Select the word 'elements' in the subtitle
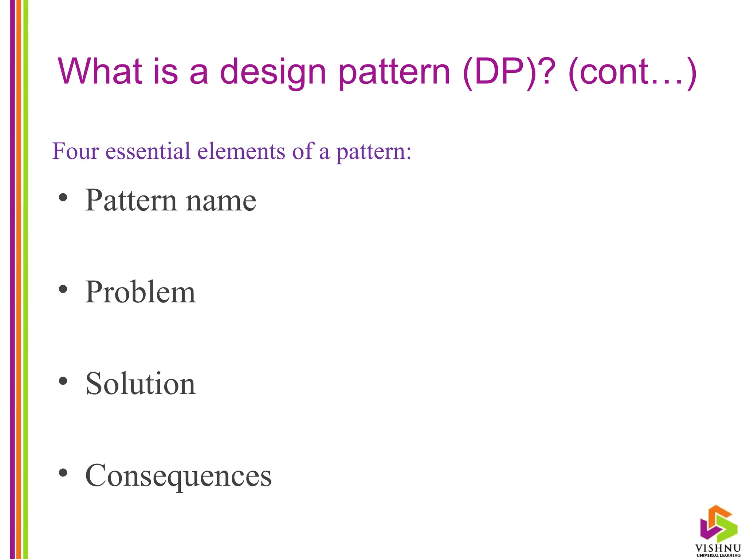pos(241,151)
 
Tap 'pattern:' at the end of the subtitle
pos(374,152)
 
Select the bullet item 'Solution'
pos(140,384)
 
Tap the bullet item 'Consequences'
pos(178,476)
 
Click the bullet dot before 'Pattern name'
pos(63,198)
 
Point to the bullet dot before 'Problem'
pos(63,289)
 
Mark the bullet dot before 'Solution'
pos(63,381)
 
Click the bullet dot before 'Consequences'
pos(63,473)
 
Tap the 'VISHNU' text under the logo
pos(718,548)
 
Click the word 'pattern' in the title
pos(394,73)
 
